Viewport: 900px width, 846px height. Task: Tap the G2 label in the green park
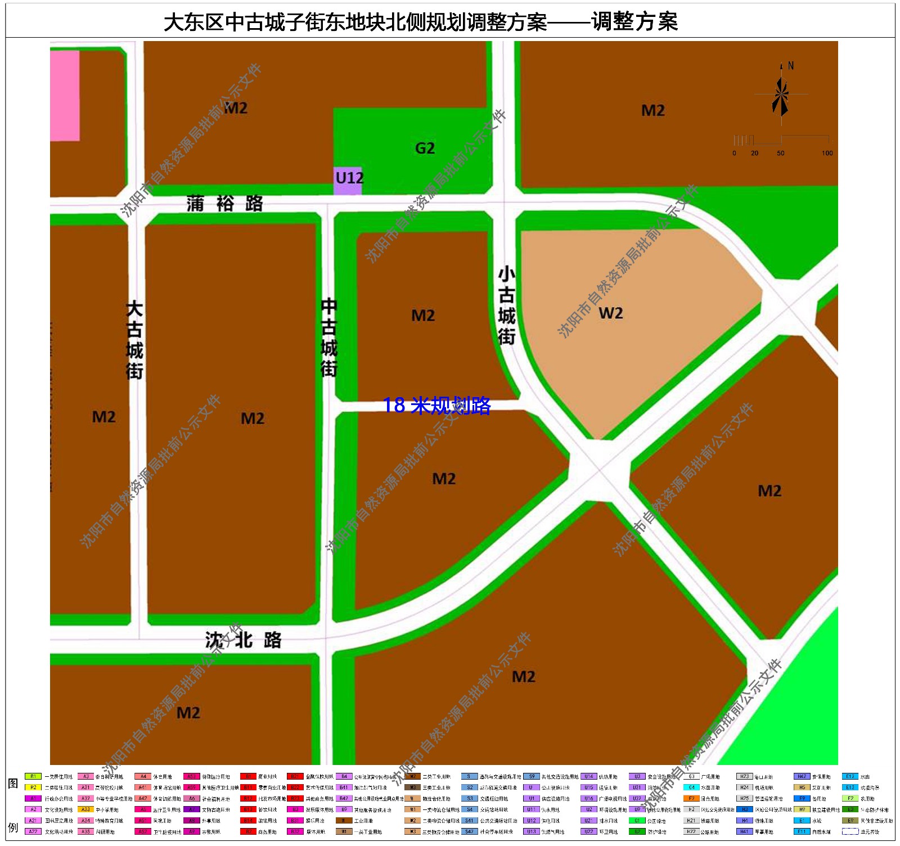(x=425, y=148)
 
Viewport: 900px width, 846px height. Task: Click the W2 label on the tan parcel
(x=611, y=313)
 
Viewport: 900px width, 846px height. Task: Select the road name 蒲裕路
(x=225, y=203)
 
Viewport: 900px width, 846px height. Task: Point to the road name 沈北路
(x=243, y=640)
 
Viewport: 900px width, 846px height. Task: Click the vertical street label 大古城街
(x=134, y=340)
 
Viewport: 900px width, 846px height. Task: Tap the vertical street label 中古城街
(x=329, y=337)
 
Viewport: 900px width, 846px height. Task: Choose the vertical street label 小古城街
(x=507, y=305)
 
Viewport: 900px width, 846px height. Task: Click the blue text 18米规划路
(x=436, y=405)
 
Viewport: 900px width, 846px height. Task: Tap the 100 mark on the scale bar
(x=827, y=153)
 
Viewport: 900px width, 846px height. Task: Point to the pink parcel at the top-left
(x=65, y=96)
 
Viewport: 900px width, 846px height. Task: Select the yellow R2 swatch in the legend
(x=33, y=787)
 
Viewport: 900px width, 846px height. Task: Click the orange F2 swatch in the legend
(x=691, y=798)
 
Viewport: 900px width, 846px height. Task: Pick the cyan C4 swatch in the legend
(x=691, y=787)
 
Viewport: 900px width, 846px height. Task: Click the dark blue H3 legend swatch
(x=744, y=809)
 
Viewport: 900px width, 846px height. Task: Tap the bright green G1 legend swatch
(x=637, y=821)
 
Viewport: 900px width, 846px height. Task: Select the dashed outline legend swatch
(x=850, y=831)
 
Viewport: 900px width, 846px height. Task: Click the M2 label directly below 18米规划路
(x=444, y=479)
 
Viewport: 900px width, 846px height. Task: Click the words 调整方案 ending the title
(x=634, y=22)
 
